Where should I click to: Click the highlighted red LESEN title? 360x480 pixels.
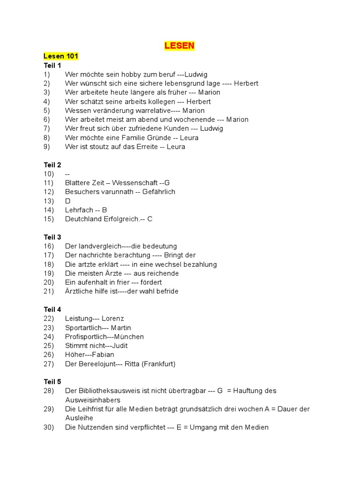(x=179, y=45)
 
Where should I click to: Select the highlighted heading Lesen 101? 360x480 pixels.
(x=61, y=56)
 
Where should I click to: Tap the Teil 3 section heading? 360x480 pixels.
(x=52, y=237)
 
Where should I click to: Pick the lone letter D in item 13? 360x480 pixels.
(x=67, y=201)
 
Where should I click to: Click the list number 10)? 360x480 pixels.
(x=49, y=174)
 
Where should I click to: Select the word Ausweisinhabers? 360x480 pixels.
(x=93, y=400)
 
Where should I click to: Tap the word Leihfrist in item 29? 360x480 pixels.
(x=92, y=409)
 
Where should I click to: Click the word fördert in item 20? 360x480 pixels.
(x=150, y=282)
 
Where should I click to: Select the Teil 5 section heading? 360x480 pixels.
(x=52, y=382)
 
